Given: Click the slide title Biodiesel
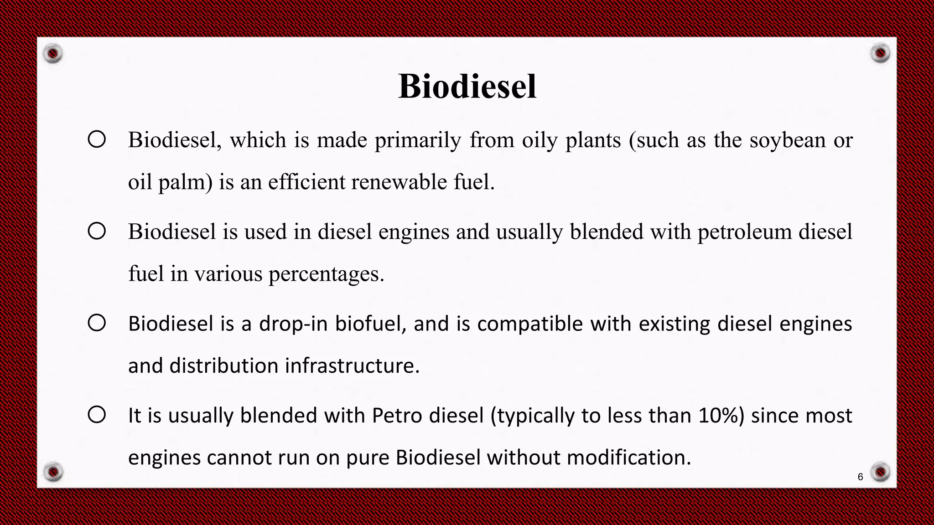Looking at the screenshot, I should click(x=467, y=86).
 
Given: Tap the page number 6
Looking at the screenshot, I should click(x=860, y=477).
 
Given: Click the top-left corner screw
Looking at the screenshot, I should click(x=53, y=54).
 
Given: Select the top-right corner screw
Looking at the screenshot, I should click(x=880, y=53).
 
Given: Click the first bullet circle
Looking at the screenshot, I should click(x=97, y=139).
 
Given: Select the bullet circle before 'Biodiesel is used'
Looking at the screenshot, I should click(x=97, y=231).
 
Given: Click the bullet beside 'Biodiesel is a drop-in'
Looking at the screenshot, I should click(x=97, y=323).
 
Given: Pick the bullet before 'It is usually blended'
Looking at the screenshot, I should click(x=97, y=415).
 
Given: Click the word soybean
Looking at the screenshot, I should click(x=788, y=140).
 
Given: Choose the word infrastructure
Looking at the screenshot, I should click(x=352, y=366).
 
